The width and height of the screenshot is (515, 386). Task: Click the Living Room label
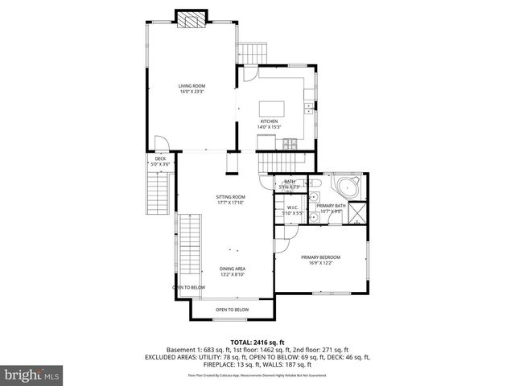click(192, 85)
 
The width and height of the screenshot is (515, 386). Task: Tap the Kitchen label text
click(268, 121)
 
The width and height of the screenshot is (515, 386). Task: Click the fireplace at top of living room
click(192, 20)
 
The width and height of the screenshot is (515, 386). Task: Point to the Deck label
click(160, 158)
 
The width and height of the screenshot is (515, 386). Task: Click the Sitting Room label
click(230, 197)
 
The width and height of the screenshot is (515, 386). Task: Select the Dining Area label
click(233, 269)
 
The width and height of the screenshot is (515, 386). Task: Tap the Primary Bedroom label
click(321, 257)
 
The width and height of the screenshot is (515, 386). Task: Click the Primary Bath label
click(331, 207)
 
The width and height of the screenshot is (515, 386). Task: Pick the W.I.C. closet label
click(294, 208)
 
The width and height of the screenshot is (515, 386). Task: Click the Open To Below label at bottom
click(232, 310)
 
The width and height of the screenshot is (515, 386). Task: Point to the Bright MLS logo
click(32, 375)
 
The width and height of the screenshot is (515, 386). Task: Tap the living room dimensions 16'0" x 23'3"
click(192, 91)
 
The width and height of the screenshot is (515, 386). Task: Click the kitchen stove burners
click(290, 144)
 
